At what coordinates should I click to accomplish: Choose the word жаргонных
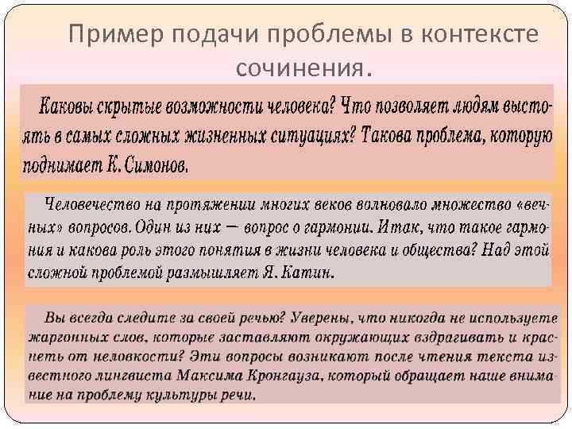[x=62, y=334]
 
